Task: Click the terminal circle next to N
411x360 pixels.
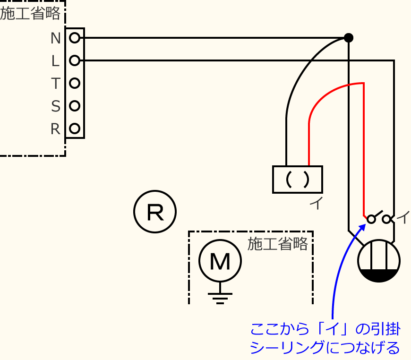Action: tap(74, 38)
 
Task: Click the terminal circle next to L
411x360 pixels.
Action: tap(74, 60)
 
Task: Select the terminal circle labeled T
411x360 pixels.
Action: tap(74, 83)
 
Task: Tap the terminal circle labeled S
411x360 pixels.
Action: tap(74, 106)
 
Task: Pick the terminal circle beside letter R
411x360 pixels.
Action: tap(74, 128)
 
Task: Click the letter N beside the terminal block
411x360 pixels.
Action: tap(55, 38)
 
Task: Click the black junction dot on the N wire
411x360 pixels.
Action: tap(348, 38)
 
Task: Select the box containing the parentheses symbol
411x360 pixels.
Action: tap(298, 179)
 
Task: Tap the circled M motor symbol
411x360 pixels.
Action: tap(220, 261)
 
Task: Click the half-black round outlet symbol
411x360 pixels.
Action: tap(379, 261)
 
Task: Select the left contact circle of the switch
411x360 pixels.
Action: tap(371, 219)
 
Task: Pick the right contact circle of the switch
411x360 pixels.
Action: tap(386, 219)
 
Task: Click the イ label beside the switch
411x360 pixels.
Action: tap(403, 217)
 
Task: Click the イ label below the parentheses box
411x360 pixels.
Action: tap(317, 203)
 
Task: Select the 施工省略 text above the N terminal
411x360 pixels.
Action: tap(31, 14)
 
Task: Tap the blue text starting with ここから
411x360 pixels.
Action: tap(325, 338)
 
